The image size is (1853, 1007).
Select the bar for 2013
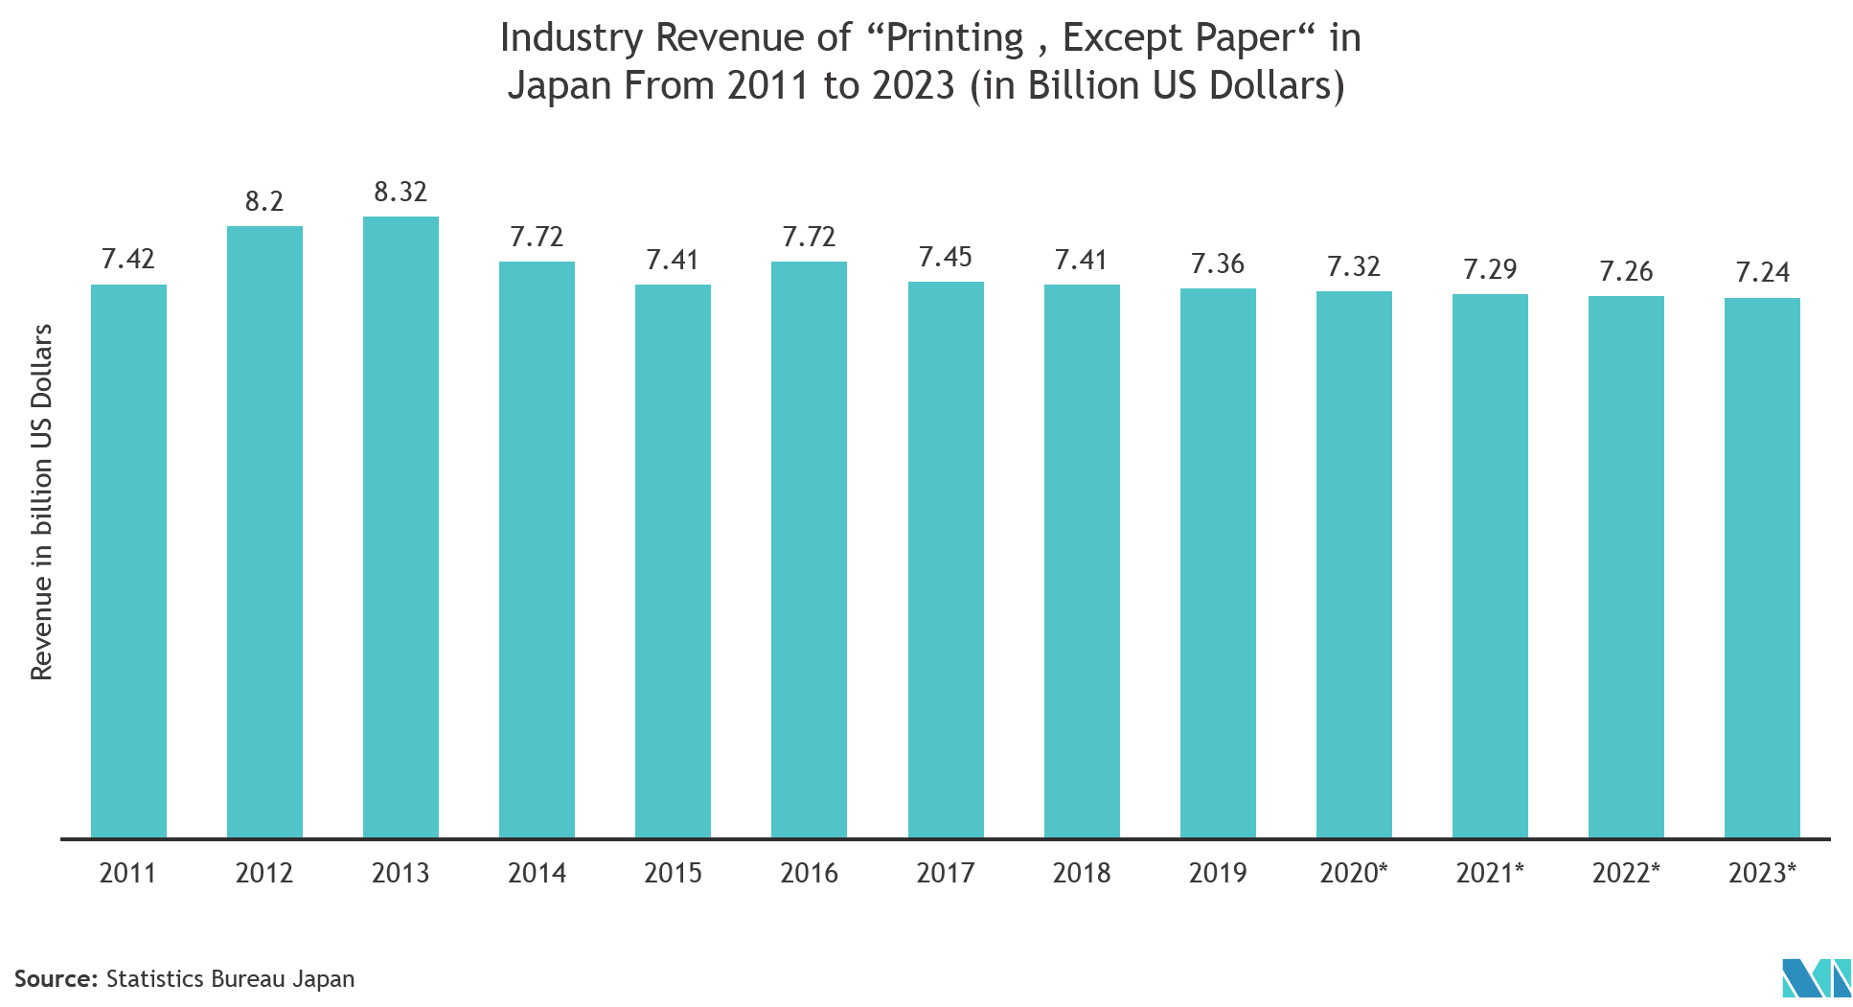[x=400, y=527]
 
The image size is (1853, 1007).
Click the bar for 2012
[x=264, y=532]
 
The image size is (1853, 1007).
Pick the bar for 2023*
[x=1762, y=567]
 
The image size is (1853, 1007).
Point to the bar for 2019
[x=1218, y=562]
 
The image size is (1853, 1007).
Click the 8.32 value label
[x=400, y=192]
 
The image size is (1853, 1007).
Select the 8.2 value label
[x=264, y=201]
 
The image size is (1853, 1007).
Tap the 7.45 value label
[x=946, y=257]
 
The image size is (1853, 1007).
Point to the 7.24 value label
[x=1762, y=273]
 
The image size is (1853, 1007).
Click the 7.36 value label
[x=1218, y=263]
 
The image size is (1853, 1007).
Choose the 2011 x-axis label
[x=128, y=873]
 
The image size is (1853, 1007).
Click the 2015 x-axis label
[x=673, y=873]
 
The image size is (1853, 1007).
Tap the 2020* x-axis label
[x=1353, y=873]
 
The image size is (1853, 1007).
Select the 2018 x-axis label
[x=1082, y=873]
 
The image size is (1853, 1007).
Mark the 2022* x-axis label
[x=1626, y=873]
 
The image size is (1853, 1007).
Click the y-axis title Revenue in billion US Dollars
[x=42, y=502]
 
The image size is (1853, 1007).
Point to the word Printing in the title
[x=954, y=38]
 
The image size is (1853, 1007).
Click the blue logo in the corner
[x=1816, y=977]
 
